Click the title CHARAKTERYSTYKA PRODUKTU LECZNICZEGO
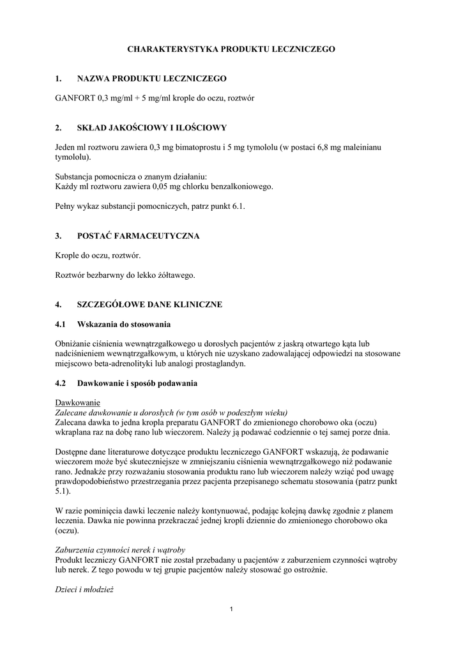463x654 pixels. pos(231,49)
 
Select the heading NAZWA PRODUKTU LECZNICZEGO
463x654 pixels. pos(152,79)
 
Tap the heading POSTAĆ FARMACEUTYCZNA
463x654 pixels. pos(139,236)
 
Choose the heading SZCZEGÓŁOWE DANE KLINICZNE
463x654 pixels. pos(149,305)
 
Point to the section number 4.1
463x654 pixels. pos(61,324)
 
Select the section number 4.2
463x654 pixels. pos(61,384)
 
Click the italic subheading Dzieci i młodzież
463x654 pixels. pos(84,590)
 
